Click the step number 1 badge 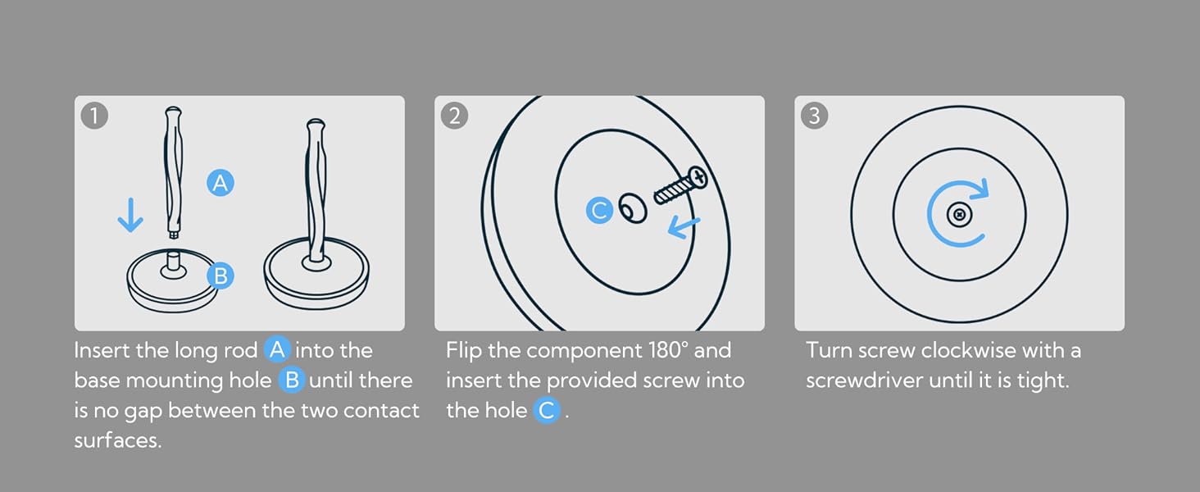pos(94,116)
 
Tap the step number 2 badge pos(454,116)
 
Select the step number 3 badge pos(814,116)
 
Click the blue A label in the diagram pos(220,183)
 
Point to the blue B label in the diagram pos(220,276)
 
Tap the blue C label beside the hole pos(599,210)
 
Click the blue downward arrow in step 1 pos(130,214)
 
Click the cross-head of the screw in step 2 pos(698,177)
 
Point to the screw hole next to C pos(633,208)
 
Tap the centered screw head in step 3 pos(959,215)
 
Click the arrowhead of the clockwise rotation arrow pos(980,189)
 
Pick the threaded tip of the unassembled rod pos(173,235)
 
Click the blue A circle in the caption pos(277,350)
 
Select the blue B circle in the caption pos(292,380)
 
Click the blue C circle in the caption pos(547,411)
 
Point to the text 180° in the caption pos(668,350)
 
